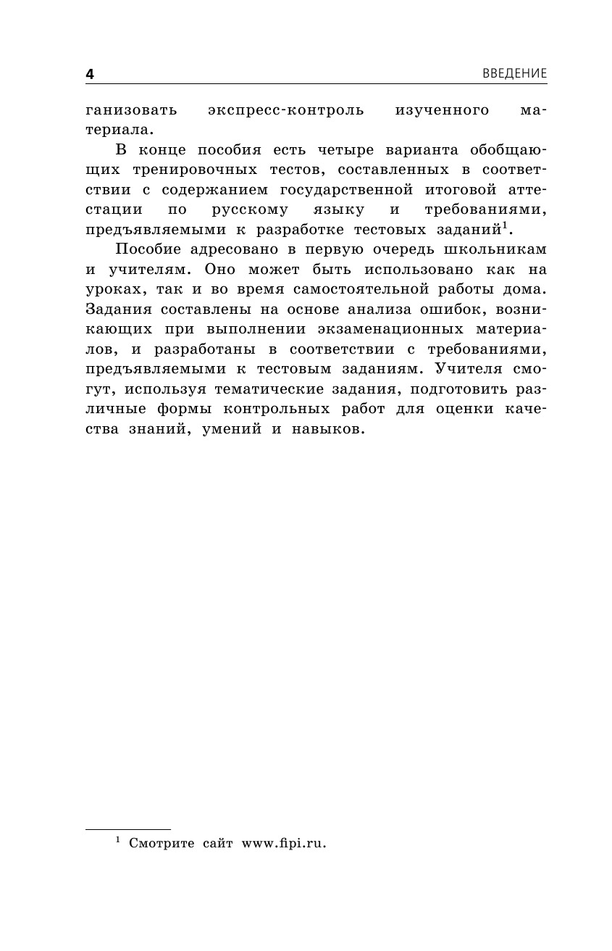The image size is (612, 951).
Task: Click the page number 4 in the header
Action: [x=90, y=74]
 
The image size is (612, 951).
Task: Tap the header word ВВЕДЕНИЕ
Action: [x=514, y=74]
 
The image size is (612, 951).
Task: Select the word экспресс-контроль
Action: [x=286, y=111]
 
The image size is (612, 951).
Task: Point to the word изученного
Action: [x=443, y=111]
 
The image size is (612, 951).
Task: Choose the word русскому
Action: [x=250, y=209]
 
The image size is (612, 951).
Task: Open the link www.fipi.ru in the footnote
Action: [x=284, y=843]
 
